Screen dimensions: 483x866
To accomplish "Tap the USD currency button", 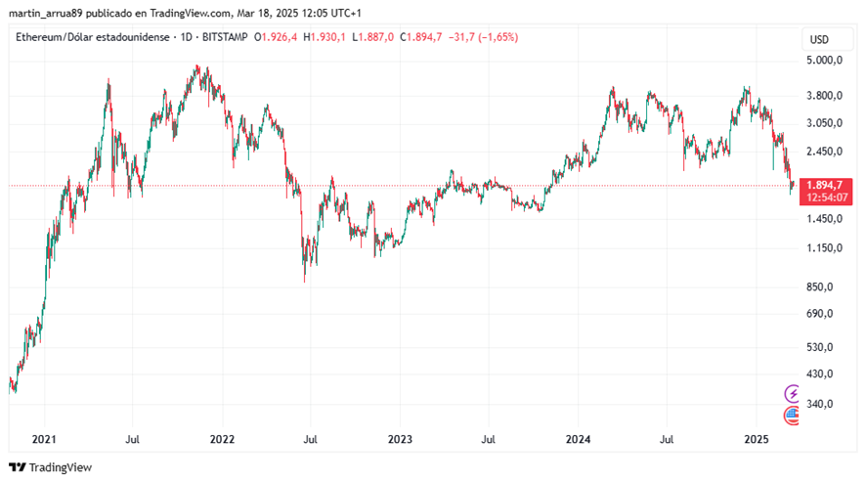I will tap(819, 40).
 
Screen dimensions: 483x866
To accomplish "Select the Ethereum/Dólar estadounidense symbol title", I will tap(87, 37).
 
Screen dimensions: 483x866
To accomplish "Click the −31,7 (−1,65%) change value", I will tap(483, 37).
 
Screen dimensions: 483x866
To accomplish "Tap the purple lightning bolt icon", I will tap(793, 394).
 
